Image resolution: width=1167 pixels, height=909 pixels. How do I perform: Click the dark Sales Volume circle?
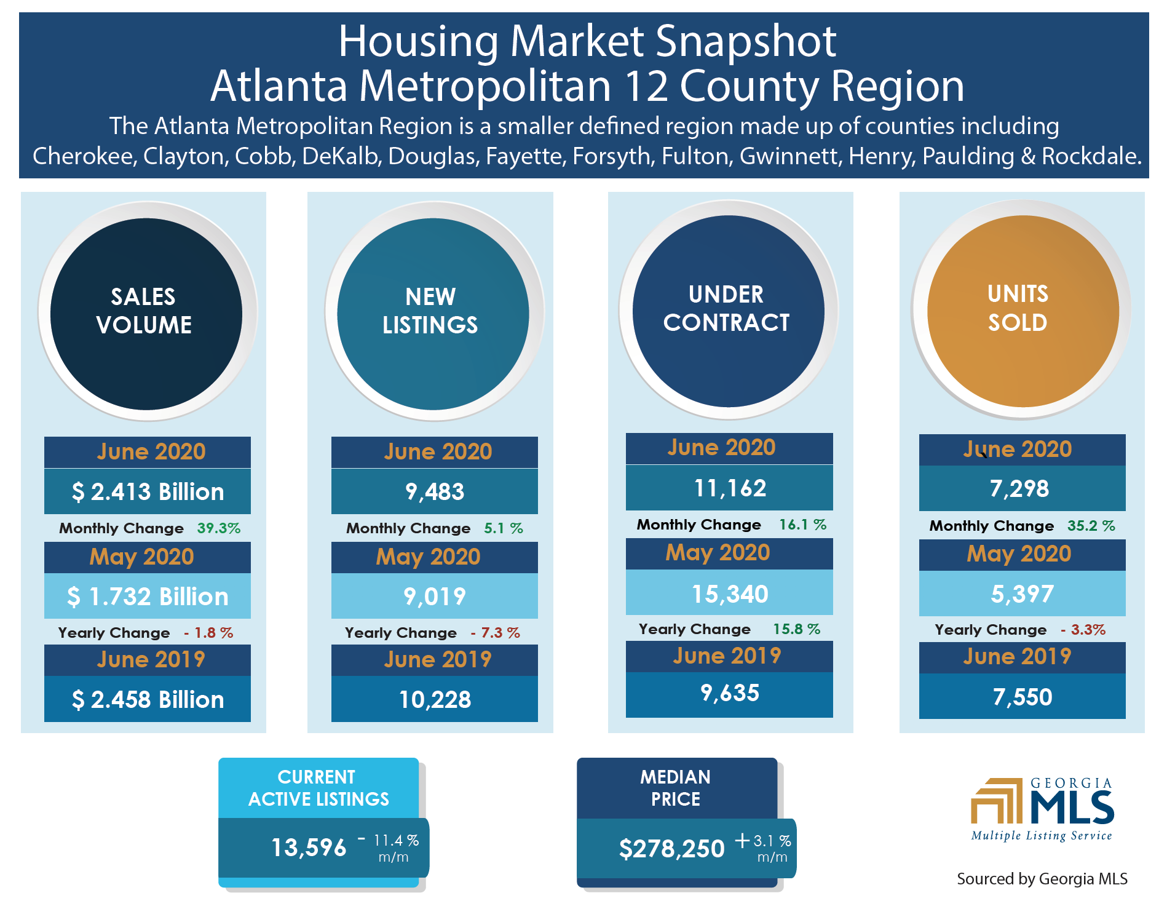(x=146, y=314)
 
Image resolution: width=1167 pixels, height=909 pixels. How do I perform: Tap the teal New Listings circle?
(x=433, y=314)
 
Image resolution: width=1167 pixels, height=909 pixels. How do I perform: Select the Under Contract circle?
(x=728, y=311)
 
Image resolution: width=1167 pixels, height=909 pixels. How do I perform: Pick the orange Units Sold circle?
(x=1023, y=311)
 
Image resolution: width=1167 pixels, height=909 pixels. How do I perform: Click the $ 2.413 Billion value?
(x=148, y=492)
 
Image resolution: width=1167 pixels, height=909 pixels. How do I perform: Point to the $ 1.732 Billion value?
(x=148, y=597)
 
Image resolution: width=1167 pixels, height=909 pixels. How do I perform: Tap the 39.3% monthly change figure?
(x=218, y=528)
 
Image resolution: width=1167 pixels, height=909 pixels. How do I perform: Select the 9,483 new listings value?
(x=435, y=492)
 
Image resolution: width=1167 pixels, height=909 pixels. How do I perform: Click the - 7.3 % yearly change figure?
(x=496, y=633)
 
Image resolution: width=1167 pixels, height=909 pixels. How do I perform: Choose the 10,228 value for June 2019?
(x=435, y=700)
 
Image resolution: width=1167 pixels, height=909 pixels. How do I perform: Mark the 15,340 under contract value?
(x=730, y=594)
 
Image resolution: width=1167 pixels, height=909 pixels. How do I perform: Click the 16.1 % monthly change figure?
(x=802, y=525)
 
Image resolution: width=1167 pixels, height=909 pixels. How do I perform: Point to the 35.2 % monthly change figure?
(x=1091, y=526)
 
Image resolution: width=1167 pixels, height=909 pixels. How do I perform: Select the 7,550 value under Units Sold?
(x=1023, y=697)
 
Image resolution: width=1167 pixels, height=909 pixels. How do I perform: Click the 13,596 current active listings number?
(x=309, y=848)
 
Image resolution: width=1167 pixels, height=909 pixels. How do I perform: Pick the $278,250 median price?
(x=671, y=849)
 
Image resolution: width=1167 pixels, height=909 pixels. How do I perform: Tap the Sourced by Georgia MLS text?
(x=1042, y=879)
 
